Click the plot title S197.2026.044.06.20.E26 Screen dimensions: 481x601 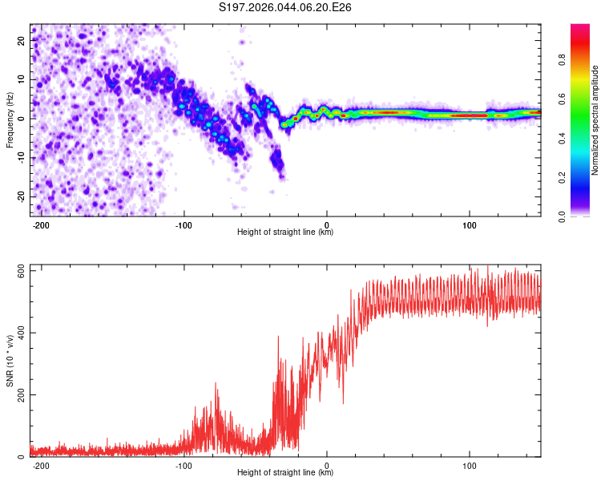[x=286, y=7]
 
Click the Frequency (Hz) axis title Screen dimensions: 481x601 [x=10, y=120]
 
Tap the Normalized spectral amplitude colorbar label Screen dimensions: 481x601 [x=595, y=120]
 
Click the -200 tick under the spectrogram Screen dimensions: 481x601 [x=42, y=224]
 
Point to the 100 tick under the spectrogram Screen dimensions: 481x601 [x=469, y=224]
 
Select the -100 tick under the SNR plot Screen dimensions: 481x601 [x=184, y=464]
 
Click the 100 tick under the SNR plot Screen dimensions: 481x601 [x=469, y=464]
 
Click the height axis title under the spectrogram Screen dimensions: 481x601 [x=285, y=232]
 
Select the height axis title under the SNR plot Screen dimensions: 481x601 [x=285, y=473]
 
